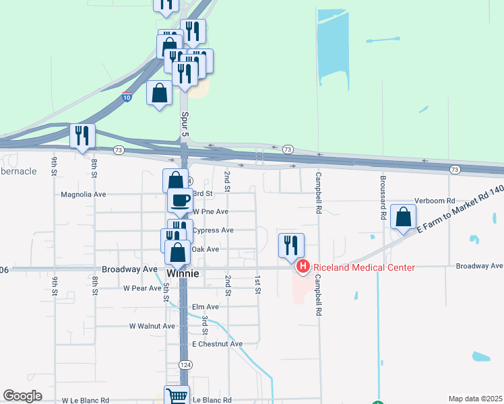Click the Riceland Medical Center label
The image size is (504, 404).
(363, 267)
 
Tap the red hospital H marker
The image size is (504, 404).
(303, 267)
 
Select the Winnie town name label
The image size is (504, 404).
(183, 274)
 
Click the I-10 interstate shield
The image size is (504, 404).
(127, 97)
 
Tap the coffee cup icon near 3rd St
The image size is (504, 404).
(180, 200)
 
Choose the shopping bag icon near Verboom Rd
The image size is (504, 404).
(403, 217)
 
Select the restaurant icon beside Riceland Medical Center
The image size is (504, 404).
(291, 246)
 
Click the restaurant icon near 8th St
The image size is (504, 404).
(82, 136)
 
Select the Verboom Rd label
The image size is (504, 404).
(435, 201)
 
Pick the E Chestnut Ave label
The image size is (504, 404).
(217, 343)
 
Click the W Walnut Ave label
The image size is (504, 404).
(152, 326)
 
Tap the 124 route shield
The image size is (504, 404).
(184, 364)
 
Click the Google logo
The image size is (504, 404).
(22, 396)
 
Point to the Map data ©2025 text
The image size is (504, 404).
(474, 399)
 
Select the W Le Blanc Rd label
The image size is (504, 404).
(86, 400)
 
